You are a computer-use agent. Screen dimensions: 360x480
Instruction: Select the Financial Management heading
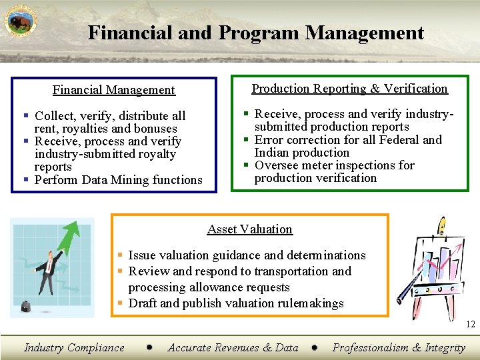coord(113,90)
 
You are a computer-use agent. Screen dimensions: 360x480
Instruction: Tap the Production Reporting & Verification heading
coord(349,89)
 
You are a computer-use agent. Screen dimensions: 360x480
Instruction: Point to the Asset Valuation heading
coord(249,229)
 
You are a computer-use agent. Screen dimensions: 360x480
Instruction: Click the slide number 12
coord(471,325)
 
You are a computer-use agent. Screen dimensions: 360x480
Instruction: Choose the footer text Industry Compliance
coord(74,347)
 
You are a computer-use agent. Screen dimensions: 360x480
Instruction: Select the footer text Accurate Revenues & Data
coord(233,347)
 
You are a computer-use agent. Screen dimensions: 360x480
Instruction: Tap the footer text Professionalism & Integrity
coord(399,347)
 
